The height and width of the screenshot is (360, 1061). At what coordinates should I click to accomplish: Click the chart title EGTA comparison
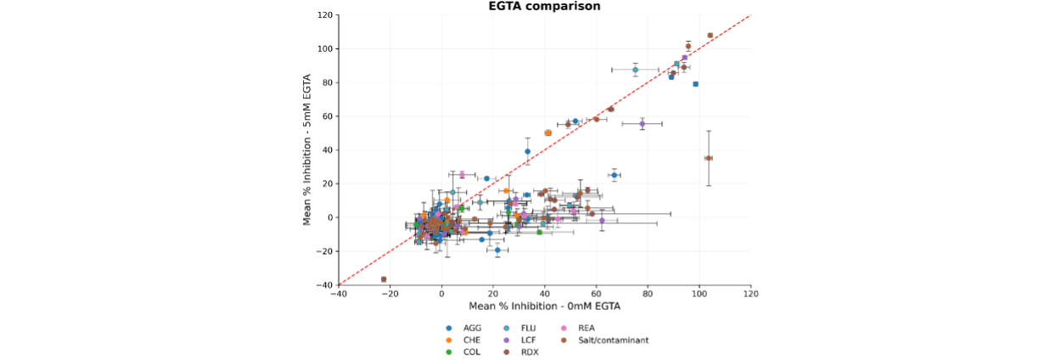pos(544,6)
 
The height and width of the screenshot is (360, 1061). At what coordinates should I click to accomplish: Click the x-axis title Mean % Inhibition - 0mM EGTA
pos(544,306)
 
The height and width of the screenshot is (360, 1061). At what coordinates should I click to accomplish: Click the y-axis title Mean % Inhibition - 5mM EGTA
pos(307,149)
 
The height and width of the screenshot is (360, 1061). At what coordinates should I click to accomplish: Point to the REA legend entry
pos(587,328)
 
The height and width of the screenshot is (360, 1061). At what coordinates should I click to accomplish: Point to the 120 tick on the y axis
pos(325,15)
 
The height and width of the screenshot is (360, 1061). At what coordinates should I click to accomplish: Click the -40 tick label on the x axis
pos(338,294)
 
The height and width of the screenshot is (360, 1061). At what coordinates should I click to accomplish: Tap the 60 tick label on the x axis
pos(596,294)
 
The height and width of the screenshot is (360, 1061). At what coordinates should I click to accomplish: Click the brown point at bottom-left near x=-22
pos(384,279)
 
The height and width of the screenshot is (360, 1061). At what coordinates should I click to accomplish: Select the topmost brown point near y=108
pos(710,36)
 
